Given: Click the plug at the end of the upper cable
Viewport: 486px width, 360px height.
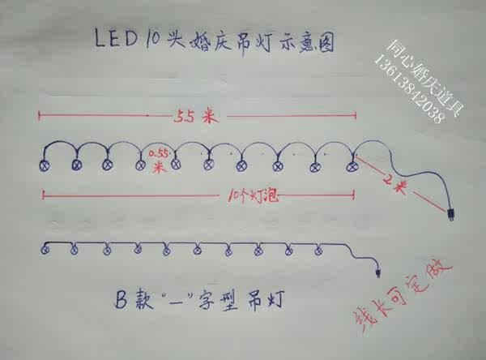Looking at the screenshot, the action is [x=450, y=216].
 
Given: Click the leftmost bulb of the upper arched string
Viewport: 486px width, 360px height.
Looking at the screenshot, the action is [x=45, y=165].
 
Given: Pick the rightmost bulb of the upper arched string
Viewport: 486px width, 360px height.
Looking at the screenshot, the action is [x=352, y=167].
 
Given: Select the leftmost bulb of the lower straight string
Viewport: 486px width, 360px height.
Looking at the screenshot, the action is [x=45, y=249].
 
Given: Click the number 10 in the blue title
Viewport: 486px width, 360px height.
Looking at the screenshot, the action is [x=151, y=38].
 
